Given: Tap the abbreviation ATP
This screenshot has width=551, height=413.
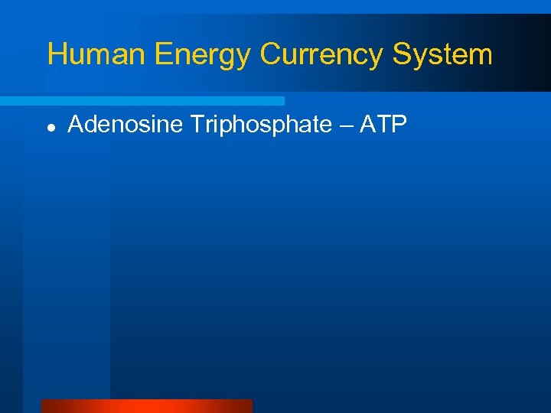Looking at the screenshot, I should [x=387, y=125].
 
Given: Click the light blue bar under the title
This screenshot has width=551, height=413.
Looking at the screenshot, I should [x=142, y=101].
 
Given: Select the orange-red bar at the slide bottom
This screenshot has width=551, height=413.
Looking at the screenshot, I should [x=146, y=406].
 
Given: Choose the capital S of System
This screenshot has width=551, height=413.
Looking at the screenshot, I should [x=402, y=55].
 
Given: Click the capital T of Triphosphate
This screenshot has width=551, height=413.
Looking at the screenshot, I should [x=197, y=125].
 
